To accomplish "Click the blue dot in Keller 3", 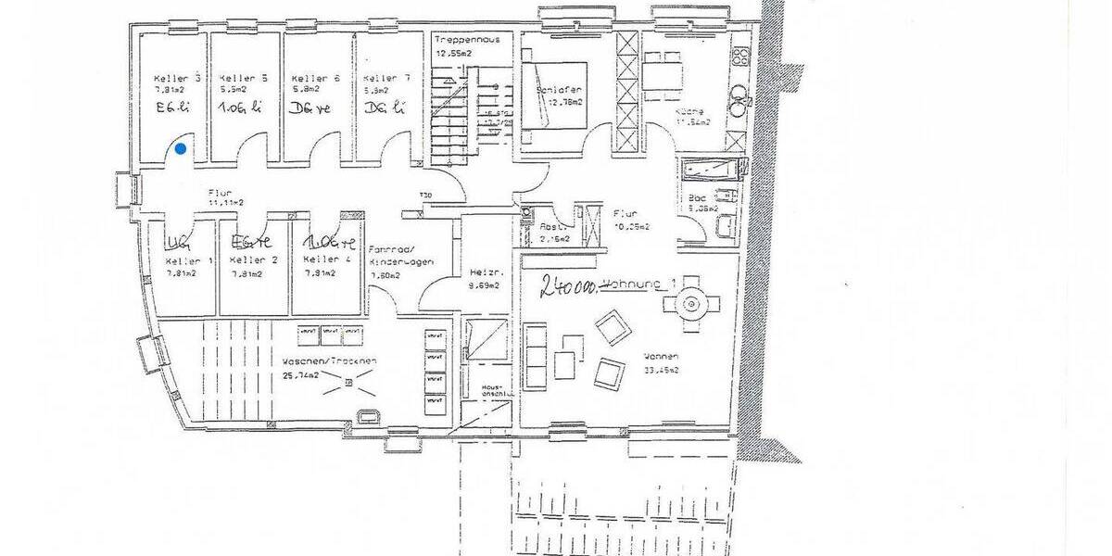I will point(180,147).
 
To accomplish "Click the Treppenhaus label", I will point(467,40).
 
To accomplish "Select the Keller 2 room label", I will point(253,260).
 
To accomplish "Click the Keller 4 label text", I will point(325,259).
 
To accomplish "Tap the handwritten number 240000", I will point(568,286).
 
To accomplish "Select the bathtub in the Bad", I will point(712,170).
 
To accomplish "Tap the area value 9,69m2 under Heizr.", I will point(484,285).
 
